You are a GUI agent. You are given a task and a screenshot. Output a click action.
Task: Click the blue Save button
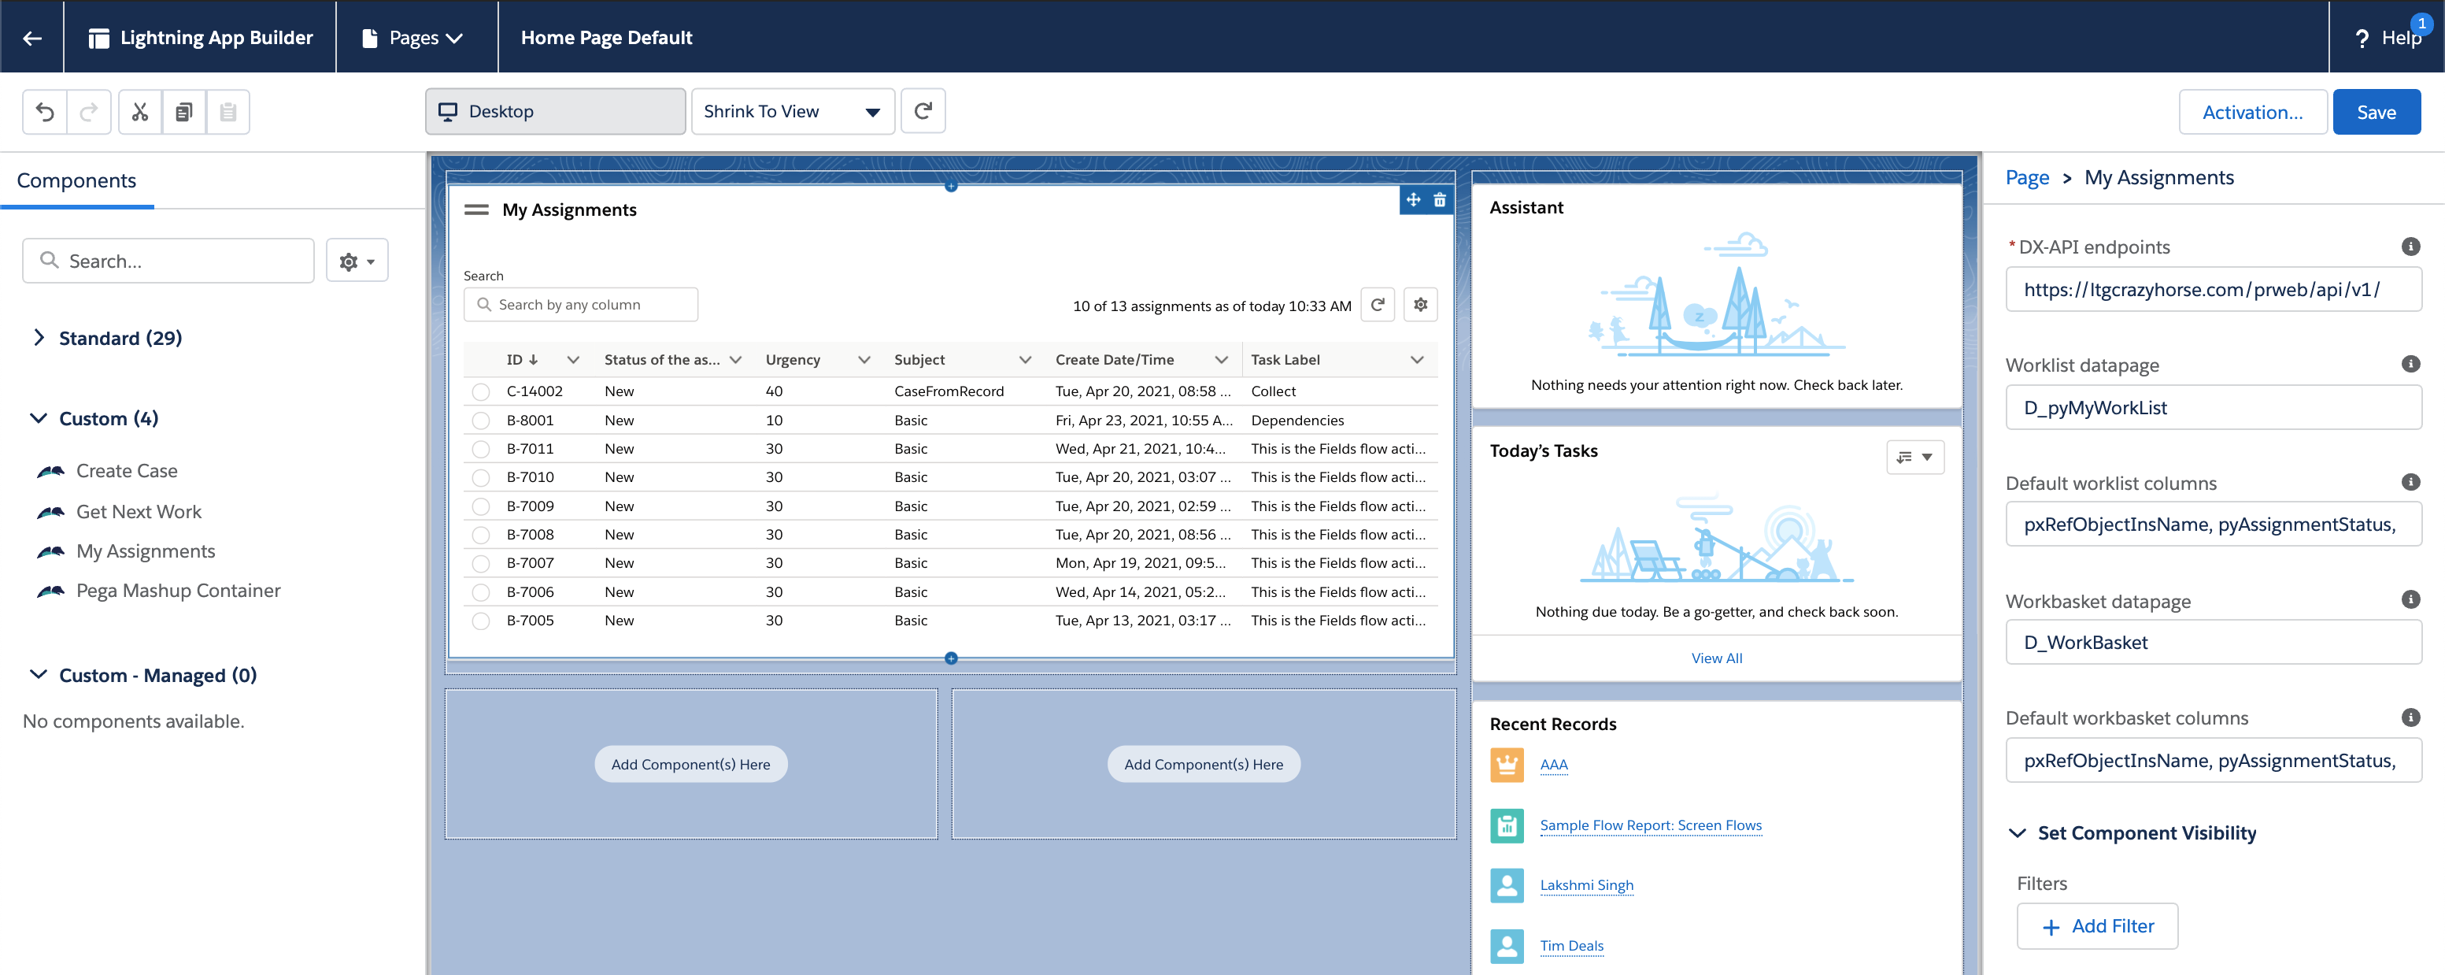coord(2376,112)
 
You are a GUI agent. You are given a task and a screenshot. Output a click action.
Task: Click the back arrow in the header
coord(32,38)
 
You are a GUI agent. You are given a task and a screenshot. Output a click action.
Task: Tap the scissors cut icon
coord(140,112)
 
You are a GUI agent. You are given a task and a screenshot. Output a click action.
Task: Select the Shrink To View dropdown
coord(792,112)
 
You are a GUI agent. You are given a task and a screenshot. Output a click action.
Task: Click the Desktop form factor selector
coord(555,112)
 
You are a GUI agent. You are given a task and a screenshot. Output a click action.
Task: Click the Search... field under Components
coord(169,261)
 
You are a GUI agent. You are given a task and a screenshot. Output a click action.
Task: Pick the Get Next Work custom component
coord(139,512)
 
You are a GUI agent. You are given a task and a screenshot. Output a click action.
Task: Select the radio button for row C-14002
coord(481,391)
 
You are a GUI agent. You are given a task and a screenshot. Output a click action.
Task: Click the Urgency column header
coord(793,360)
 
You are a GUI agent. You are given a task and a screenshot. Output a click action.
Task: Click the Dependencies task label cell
coord(1296,421)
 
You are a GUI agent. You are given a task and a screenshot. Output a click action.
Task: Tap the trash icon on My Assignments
coord(1440,200)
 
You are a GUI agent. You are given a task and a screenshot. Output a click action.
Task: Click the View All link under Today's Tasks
coord(1716,658)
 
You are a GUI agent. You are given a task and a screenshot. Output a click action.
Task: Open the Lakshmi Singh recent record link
coord(1586,884)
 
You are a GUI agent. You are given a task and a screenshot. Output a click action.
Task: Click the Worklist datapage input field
coord(2213,407)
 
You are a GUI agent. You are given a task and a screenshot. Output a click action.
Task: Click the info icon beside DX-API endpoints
coord(2410,247)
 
